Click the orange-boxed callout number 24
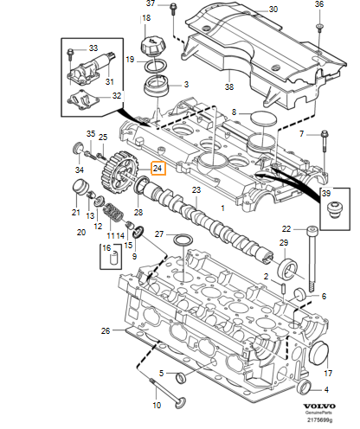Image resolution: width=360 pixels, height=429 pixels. tap(158, 168)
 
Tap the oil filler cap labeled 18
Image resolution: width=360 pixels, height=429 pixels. tap(152, 46)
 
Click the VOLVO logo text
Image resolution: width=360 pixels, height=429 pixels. tap(319, 407)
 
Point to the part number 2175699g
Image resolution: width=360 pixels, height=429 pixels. tap(319, 419)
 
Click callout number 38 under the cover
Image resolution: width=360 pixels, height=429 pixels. tap(229, 86)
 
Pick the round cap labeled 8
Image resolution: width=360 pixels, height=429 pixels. tap(264, 118)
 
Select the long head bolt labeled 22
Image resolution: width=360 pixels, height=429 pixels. tap(312, 258)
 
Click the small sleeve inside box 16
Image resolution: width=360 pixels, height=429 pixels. tap(115, 257)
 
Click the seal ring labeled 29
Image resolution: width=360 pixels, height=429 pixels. tap(287, 269)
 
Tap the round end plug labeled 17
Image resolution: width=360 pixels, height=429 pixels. tap(318, 352)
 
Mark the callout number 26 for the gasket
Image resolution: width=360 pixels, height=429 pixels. tap(106, 330)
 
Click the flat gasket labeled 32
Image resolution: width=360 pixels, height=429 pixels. tap(83, 101)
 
